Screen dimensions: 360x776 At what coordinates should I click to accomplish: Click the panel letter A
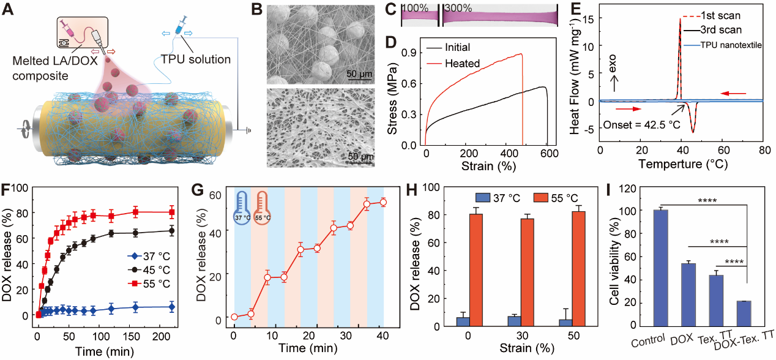click(10, 11)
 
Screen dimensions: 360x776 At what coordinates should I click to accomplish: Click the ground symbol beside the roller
click(248, 130)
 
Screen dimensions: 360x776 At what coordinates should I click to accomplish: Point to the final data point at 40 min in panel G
click(384, 202)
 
